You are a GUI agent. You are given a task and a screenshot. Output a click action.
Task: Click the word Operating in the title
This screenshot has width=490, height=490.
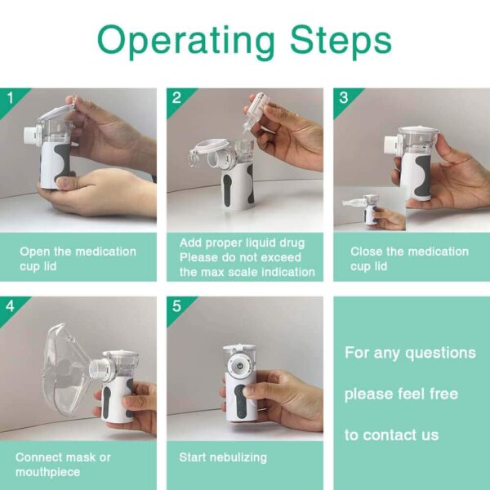pyautogui.click(x=186, y=42)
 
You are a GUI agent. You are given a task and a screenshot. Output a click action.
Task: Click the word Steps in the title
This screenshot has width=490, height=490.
pyautogui.click(x=341, y=40)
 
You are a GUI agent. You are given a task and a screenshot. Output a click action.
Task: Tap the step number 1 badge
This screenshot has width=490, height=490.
pyautogui.click(x=11, y=98)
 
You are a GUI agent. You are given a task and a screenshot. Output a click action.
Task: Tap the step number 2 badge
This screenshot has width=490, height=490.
pyautogui.click(x=176, y=98)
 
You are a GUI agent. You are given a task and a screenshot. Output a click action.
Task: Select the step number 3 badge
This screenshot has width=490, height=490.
pyautogui.click(x=344, y=98)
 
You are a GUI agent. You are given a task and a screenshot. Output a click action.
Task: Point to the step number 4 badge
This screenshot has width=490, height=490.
pyautogui.click(x=10, y=306)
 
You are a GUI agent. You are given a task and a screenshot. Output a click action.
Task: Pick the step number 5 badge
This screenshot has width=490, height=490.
pyautogui.click(x=176, y=306)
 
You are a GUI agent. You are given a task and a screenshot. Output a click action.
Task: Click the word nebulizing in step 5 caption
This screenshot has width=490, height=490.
pyautogui.click(x=238, y=458)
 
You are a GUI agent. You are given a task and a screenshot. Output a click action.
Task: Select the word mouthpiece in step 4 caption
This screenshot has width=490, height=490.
pyautogui.click(x=48, y=472)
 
